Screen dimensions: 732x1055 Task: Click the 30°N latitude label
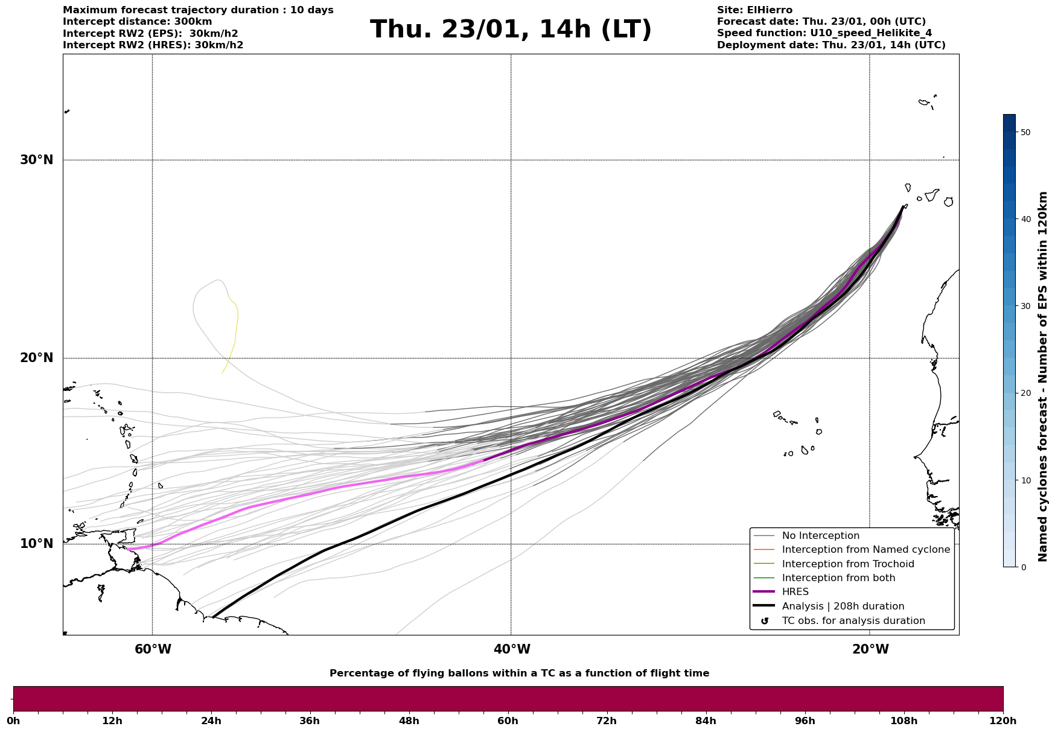pos(37,160)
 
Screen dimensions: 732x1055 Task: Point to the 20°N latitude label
pos(37,358)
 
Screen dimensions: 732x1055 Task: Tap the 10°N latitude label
pos(37,544)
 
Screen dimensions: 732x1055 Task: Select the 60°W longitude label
pos(153,649)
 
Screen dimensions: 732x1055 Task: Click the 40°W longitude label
pos(512,649)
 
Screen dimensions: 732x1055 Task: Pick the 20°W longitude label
pos(870,649)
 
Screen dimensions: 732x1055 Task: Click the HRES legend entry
pos(795,592)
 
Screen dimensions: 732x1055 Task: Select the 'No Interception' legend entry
pos(820,536)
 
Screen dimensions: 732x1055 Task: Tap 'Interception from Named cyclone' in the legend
pos(865,550)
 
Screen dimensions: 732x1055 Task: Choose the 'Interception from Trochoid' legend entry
pos(847,564)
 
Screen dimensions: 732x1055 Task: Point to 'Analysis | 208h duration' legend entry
pos(843,606)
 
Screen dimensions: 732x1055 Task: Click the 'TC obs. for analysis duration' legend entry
pos(853,621)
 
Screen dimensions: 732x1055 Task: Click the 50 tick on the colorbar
pos(1025,132)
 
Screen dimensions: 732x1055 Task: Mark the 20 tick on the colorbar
pos(1025,393)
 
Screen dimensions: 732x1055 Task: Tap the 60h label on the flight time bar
pos(508,721)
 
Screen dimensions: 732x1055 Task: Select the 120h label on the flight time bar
pos(1003,721)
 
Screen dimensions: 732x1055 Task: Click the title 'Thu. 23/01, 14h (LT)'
pos(511,30)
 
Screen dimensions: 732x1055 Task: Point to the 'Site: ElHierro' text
pos(754,10)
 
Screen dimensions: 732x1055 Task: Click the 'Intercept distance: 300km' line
pos(137,22)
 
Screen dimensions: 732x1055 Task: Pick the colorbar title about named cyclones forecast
pos(1043,377)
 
